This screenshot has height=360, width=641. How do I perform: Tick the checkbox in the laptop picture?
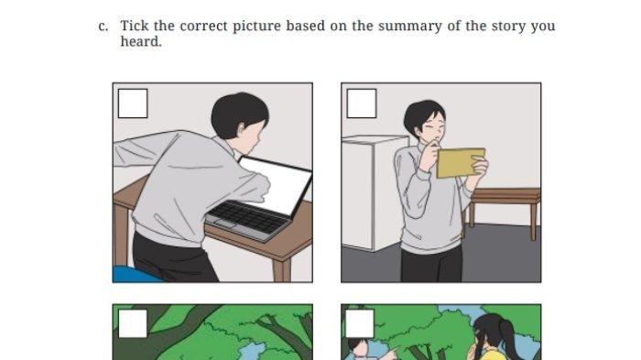pos(133,104)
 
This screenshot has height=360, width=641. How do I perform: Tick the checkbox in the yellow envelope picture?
pos(362,104)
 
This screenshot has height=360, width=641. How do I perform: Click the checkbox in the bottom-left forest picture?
pos(133,323)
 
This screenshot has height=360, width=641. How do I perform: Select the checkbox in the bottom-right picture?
pos(360,323)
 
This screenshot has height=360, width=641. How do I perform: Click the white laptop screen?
pos(279,185)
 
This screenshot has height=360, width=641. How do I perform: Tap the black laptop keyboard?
pos(248,216)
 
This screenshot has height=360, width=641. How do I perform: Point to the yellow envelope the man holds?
pos(461,163)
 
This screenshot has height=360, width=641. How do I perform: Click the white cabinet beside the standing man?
pos(373,192)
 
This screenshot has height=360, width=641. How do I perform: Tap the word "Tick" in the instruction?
pos(135,26)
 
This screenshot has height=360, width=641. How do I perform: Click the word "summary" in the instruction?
pos(410,27)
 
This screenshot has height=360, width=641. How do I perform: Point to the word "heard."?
pos(141,41)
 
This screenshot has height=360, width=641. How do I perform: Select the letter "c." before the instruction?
pos(103,27)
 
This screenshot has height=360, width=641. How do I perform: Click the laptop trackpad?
pos(224,224)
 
